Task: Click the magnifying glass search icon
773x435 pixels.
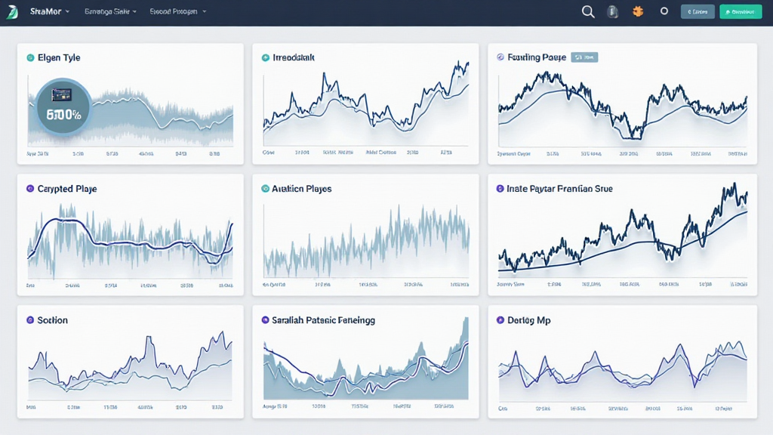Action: coord(588,11)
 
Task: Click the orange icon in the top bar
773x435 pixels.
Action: coord(638,11)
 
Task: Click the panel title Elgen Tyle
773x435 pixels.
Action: coord(59,57)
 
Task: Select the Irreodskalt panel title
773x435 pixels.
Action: coord(294,57)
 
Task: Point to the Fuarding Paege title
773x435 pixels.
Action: coord(537,57)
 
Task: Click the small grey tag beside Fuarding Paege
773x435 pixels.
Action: coord(584,57)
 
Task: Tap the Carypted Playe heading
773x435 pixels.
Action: coord(67,189)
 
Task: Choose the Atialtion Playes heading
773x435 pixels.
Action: coord(301,189)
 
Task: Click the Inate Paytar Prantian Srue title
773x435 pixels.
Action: coord(559,189)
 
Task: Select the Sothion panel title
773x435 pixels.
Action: coord(53,320)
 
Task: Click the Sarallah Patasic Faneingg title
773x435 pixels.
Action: coord(323,320)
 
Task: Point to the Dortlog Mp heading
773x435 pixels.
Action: coord(528,320)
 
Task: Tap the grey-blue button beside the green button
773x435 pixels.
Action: coord(697,11)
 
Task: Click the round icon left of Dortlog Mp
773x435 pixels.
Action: coord(500,320)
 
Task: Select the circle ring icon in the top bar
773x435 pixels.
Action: coord(664,11)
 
